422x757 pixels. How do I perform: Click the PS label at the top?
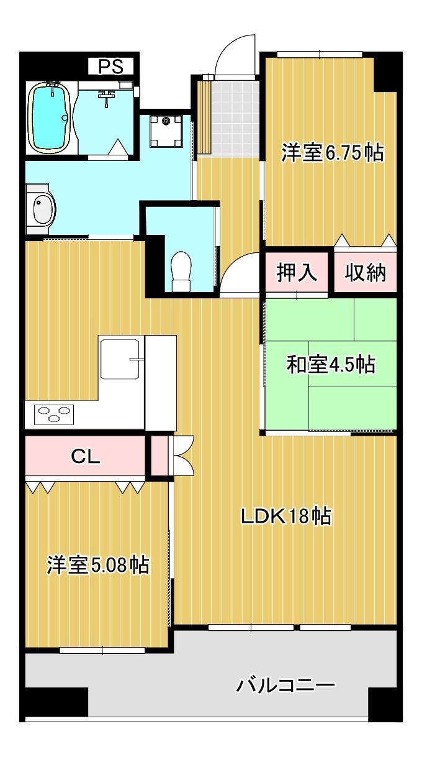click(x=112, y=66)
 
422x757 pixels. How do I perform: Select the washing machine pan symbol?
click(x=166, y=129)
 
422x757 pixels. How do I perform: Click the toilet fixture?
click(x=181, y=272)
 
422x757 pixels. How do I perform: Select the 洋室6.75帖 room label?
click(x=331, y=152)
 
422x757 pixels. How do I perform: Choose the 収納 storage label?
click(x=366, y=272)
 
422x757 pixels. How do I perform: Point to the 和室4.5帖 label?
click(x=330, y=365)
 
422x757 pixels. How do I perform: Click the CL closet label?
click(x=86, y=457)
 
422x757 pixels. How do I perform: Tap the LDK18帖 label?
click(x=286, y=516)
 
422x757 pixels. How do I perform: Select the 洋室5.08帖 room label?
click(x=98, y=565)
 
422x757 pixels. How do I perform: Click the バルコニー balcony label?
click(x=286, y=686)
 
